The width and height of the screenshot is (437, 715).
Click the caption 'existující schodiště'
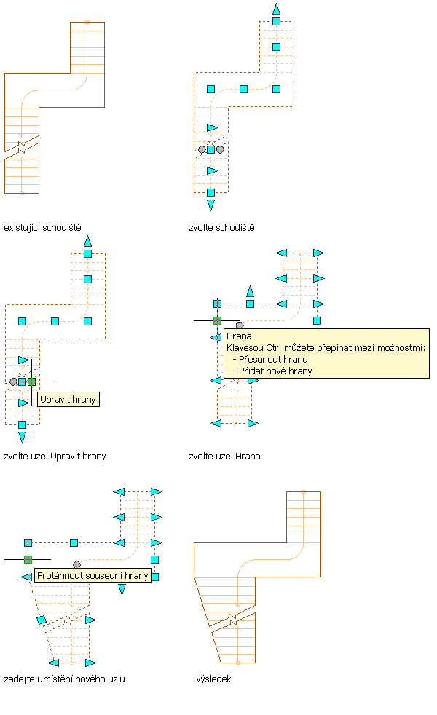coord(42,227)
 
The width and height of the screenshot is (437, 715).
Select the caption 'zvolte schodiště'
coord(221,227)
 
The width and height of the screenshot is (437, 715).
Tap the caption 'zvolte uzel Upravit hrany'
coord(55,456)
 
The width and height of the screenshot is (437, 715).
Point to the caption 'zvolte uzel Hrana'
coord(224,456)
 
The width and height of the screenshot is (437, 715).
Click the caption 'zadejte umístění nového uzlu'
coord(64,679)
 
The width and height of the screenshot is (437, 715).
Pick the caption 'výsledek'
coord(213,679)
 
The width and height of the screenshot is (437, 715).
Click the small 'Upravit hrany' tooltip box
coord(68,399)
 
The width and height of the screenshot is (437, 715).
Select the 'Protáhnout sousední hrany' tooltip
coord(92,575)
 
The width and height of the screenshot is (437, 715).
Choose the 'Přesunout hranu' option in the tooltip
coord(273,359)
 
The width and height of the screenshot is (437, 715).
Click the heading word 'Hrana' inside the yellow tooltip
coord(238,336)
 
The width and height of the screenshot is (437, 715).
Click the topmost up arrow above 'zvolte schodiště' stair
coord(276,9)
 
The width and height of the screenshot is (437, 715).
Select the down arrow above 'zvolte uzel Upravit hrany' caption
coord(22,437)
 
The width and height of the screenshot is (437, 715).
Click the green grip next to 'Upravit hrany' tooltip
coord(31,381)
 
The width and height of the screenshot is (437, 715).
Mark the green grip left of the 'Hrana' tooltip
coord(217,320)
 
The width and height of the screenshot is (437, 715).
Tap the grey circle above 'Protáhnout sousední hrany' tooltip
coord(76,564)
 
